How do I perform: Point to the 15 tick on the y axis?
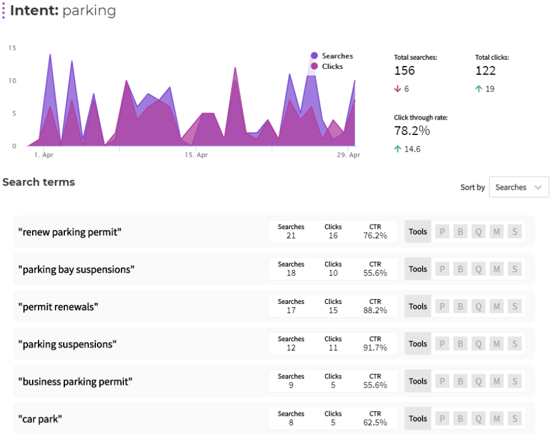(x=12, y=48)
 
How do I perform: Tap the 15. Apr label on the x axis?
(x=196, y=155)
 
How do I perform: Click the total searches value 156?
(x=405, y=71)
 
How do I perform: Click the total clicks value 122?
(x=486, y=71)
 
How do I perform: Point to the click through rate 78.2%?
(x=412, y=131)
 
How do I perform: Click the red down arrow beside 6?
(x=397, y=89)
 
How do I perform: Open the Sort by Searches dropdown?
(x=519, y=187)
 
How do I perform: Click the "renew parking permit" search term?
(x=70, y=232)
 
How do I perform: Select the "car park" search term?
(x=40, y=419)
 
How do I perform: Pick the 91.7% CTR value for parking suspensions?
(x=375, y=348)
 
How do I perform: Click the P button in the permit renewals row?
(x=442, y=307)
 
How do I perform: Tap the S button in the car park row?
(x=515, y=419)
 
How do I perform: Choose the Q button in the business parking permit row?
(x=478, y=381)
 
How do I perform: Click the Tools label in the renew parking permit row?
(x=418, y=232)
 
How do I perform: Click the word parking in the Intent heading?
(x=89, y=10)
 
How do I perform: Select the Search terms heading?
(x=38, y=182)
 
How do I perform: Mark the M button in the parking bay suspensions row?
(x=496, y=269)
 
